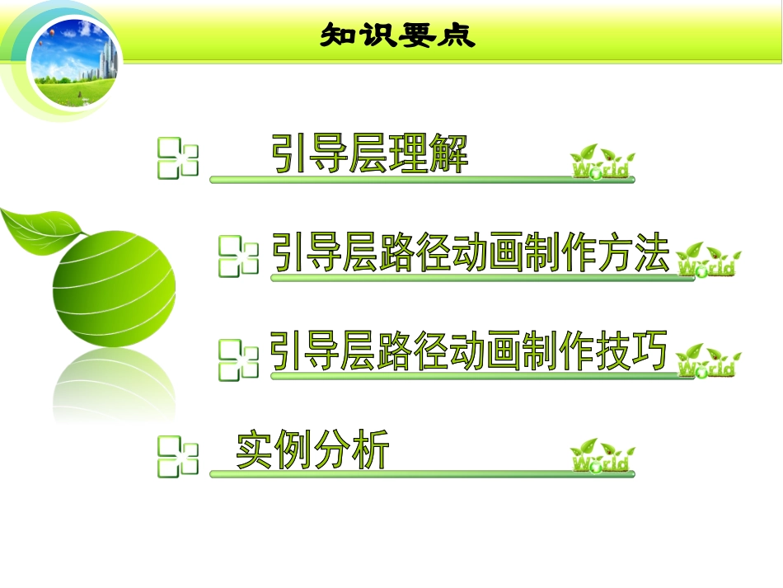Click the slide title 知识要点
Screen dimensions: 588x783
(x=398, y=35)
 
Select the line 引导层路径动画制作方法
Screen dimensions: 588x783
(x=470, y=252)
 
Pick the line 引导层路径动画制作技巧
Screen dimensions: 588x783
(x=468, y=352)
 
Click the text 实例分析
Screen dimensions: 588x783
(x=312, y=449)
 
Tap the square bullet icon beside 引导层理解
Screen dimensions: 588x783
(x=178, y=159)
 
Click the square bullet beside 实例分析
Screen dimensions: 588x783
(x=178, y=458)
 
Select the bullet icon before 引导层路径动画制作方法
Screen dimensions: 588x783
(x=239, y=256)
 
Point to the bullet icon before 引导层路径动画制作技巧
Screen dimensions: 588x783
(x=239, y=360)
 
